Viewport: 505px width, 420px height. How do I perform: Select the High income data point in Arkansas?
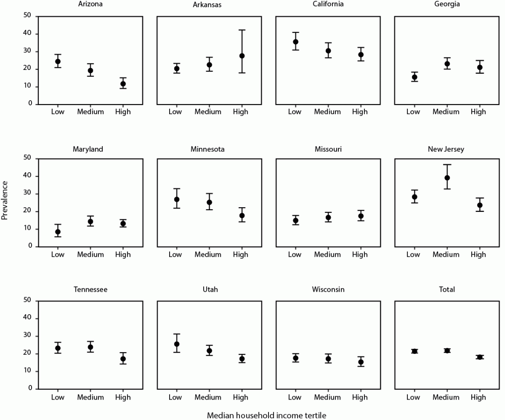(x=242, y=56)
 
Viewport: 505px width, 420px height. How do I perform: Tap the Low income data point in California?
(x=295, y=42)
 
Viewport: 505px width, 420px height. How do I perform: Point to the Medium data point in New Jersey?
(x=447, y=178)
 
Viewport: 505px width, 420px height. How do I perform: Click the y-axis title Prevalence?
(x=5, y=200)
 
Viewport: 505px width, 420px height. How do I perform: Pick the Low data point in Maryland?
(x=58, y=232)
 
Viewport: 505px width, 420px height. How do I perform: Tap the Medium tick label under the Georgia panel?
(x=446, y=112)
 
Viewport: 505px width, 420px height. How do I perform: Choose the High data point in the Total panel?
(x=479, y=357)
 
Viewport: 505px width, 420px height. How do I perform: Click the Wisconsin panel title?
(x=328, y=290)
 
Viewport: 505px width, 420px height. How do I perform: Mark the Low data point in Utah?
(x=176, y=344)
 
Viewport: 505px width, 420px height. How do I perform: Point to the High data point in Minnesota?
(x=242, y=215)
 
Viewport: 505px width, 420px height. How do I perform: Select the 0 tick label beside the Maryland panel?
(x=30, y=246)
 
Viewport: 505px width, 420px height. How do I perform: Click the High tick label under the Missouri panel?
(x=360, y=255)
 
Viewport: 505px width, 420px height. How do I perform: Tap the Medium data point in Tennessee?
(x=90, y=347)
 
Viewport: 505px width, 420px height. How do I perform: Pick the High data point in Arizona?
(x=123, y=84)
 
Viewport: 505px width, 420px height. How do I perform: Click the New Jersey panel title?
(x=446, y=149)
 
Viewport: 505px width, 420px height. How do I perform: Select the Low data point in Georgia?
(x=414, y=77)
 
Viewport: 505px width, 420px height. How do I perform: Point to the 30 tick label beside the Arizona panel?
(x=28, y=52)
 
